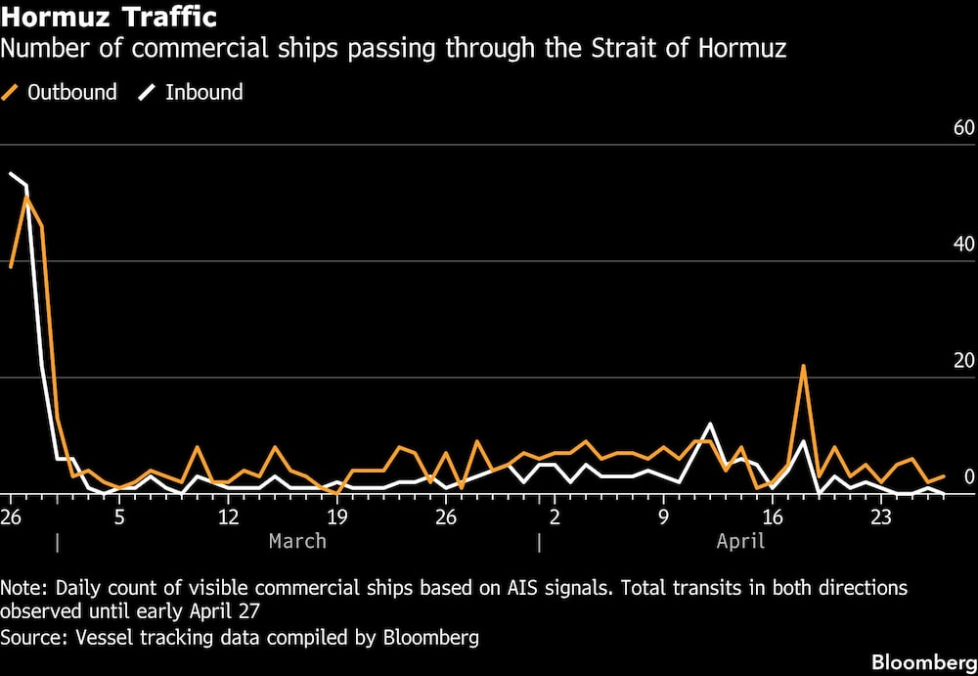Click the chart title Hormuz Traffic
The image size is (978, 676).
pyautogui.click(x=109, y=17)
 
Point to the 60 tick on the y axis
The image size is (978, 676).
pyautogui.click(x=963, y=128)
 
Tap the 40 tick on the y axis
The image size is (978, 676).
pyautogui.click(x=963, y=245)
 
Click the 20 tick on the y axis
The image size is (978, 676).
pyautogui.click(x=963, y=361)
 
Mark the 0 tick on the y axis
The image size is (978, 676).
pyautogui.click(x=969, y=477)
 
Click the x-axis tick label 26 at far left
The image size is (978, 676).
pyautogui.click(x=12, y=517)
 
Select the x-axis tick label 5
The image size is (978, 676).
pyautogui.click(x=119, y=517)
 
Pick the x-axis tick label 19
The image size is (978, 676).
pyautogui.click(x=336, y=517)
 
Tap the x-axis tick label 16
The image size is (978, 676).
pyautogui.click(x=773, y=517)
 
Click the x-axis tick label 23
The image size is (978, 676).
pyautogui.click(x=881, y=517)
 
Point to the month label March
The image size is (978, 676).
pyautogui.click(x=297, y=541)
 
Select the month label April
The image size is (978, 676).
pyautogui.click(x=740, y=541)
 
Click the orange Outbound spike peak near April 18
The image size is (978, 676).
pyautogui.click(x=803, y=366)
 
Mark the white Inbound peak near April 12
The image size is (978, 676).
pyautogui.click(x=710, y=424)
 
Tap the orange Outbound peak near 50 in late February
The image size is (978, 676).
pyautogui.click(x=26, y=198)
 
